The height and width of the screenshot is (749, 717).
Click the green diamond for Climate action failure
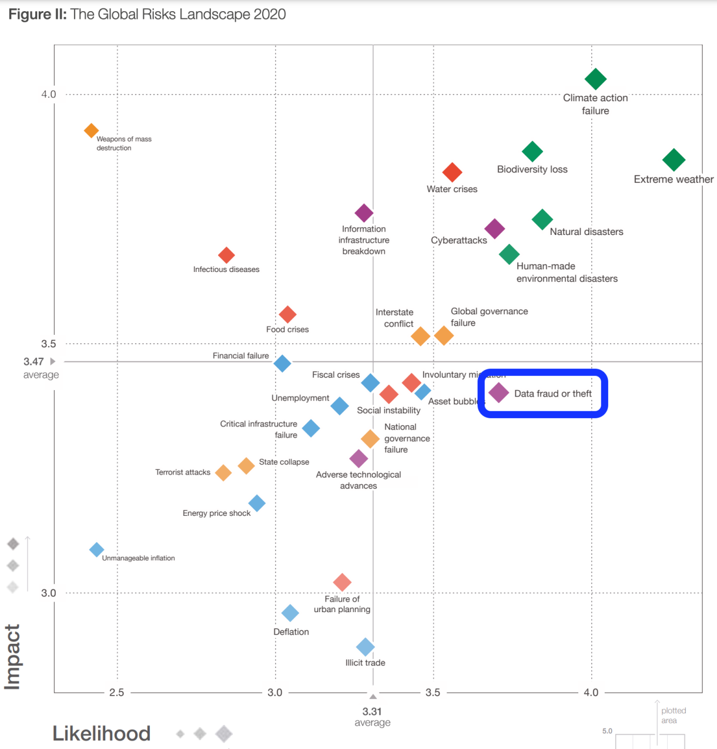click(595, 79)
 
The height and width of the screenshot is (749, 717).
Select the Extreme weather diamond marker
click(674, 159)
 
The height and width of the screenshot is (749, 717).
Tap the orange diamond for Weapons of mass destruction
click(91, 130)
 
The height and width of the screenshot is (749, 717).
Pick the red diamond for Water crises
click(452, 172)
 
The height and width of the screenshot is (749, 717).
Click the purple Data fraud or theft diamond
click(498, 392)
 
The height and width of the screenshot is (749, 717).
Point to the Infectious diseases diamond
click(226, 255)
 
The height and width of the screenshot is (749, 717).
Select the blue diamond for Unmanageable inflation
click(96, 550)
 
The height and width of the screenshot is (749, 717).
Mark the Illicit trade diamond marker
click(365, 647)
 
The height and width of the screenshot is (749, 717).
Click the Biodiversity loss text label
click(532, 169)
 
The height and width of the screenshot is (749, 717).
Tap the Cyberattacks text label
click(458, 240)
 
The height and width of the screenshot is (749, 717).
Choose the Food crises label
click(287, 330)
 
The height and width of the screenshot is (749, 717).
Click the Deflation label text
click(291, 632)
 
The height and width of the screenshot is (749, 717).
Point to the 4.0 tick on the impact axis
click(48, 95)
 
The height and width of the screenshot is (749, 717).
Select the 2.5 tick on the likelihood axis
click(116, 693)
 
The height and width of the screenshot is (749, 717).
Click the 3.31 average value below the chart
click(372, 712)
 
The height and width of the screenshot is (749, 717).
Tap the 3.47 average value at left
click(33, 362)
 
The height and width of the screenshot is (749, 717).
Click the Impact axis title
click(12, 656)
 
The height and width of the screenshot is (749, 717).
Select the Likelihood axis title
click(102, 733)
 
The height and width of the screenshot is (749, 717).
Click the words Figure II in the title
click(37, 14)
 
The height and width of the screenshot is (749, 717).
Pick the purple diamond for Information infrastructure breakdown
click(364, 213)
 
